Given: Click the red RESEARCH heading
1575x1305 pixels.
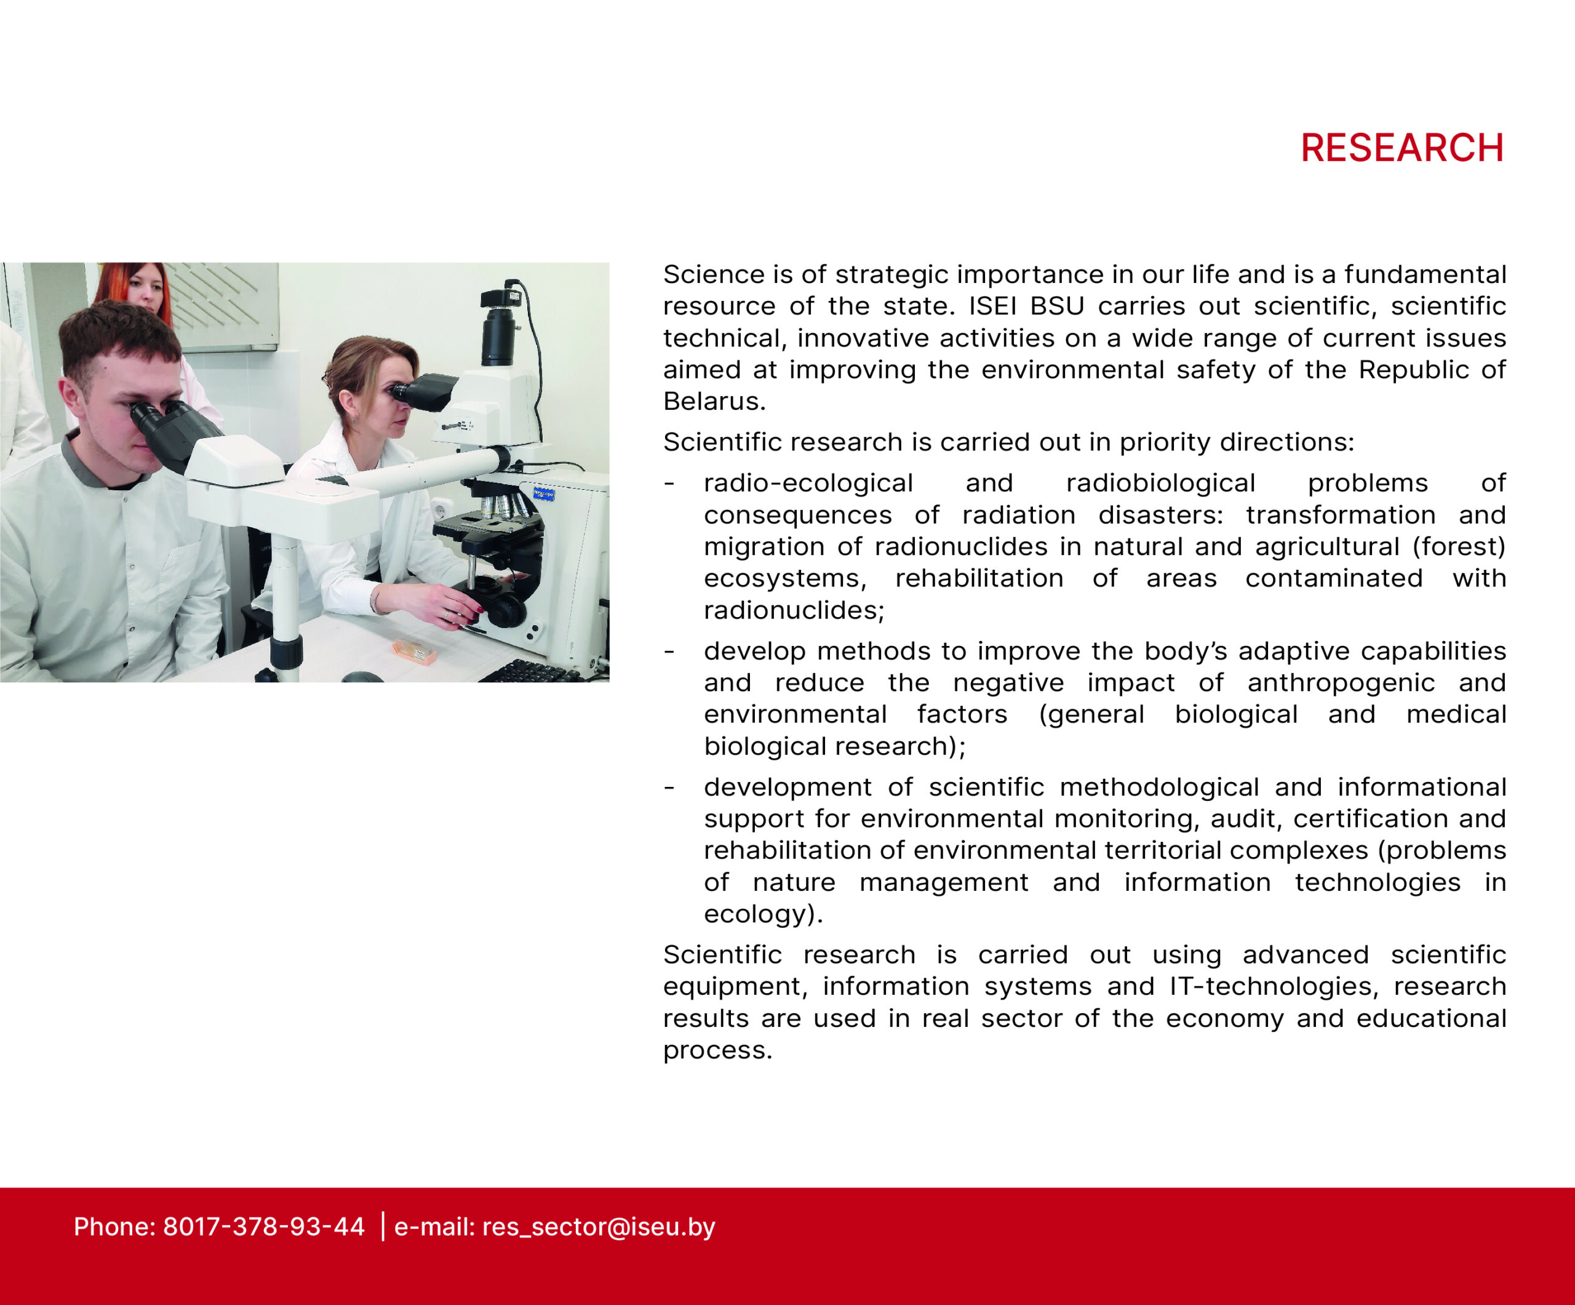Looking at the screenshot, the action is (x=1402, y=148).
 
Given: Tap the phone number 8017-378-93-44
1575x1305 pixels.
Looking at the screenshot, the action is (x=264, y=1226).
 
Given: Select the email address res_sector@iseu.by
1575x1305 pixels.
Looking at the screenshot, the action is (x=599, y=1227).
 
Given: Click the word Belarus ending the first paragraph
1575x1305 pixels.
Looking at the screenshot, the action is (x=714, y=401).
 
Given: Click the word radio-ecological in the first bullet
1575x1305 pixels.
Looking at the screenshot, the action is (x=808, y=483).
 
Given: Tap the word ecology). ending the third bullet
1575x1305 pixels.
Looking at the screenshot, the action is (x=764, y=914).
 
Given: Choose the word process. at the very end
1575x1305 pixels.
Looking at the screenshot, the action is (x=717, y=1051).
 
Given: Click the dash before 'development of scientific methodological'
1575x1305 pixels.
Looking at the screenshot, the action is (x=669, y=788).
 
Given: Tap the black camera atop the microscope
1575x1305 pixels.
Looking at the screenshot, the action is (x=500, y=322).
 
